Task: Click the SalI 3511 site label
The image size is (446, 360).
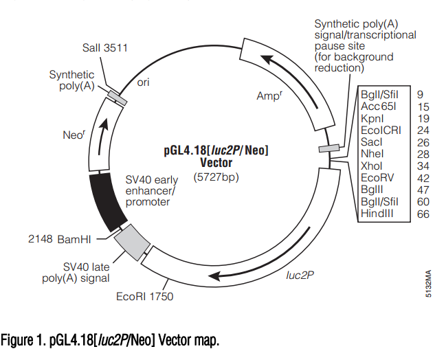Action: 105,48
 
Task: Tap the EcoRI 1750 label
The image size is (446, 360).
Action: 144,297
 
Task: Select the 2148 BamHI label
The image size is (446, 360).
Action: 60,239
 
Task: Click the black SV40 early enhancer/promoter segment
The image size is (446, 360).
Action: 107,202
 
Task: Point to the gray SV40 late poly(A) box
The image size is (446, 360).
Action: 132,242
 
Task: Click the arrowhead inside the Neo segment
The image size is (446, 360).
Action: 104,124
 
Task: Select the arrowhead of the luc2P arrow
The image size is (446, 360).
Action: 215,275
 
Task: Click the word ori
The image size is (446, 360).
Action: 143,82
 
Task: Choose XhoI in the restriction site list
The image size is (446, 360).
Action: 372,166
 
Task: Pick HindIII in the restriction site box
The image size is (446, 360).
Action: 377,213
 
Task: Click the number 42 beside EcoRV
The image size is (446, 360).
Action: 423,178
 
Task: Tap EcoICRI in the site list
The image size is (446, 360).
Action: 381,131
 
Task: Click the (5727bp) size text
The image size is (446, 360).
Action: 216,177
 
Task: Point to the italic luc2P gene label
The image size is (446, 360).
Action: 300,275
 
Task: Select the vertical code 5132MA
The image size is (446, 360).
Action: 429,284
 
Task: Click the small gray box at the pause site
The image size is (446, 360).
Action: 329,148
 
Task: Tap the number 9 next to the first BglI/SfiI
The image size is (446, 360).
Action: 420,95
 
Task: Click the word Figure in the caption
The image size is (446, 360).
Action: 16,340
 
